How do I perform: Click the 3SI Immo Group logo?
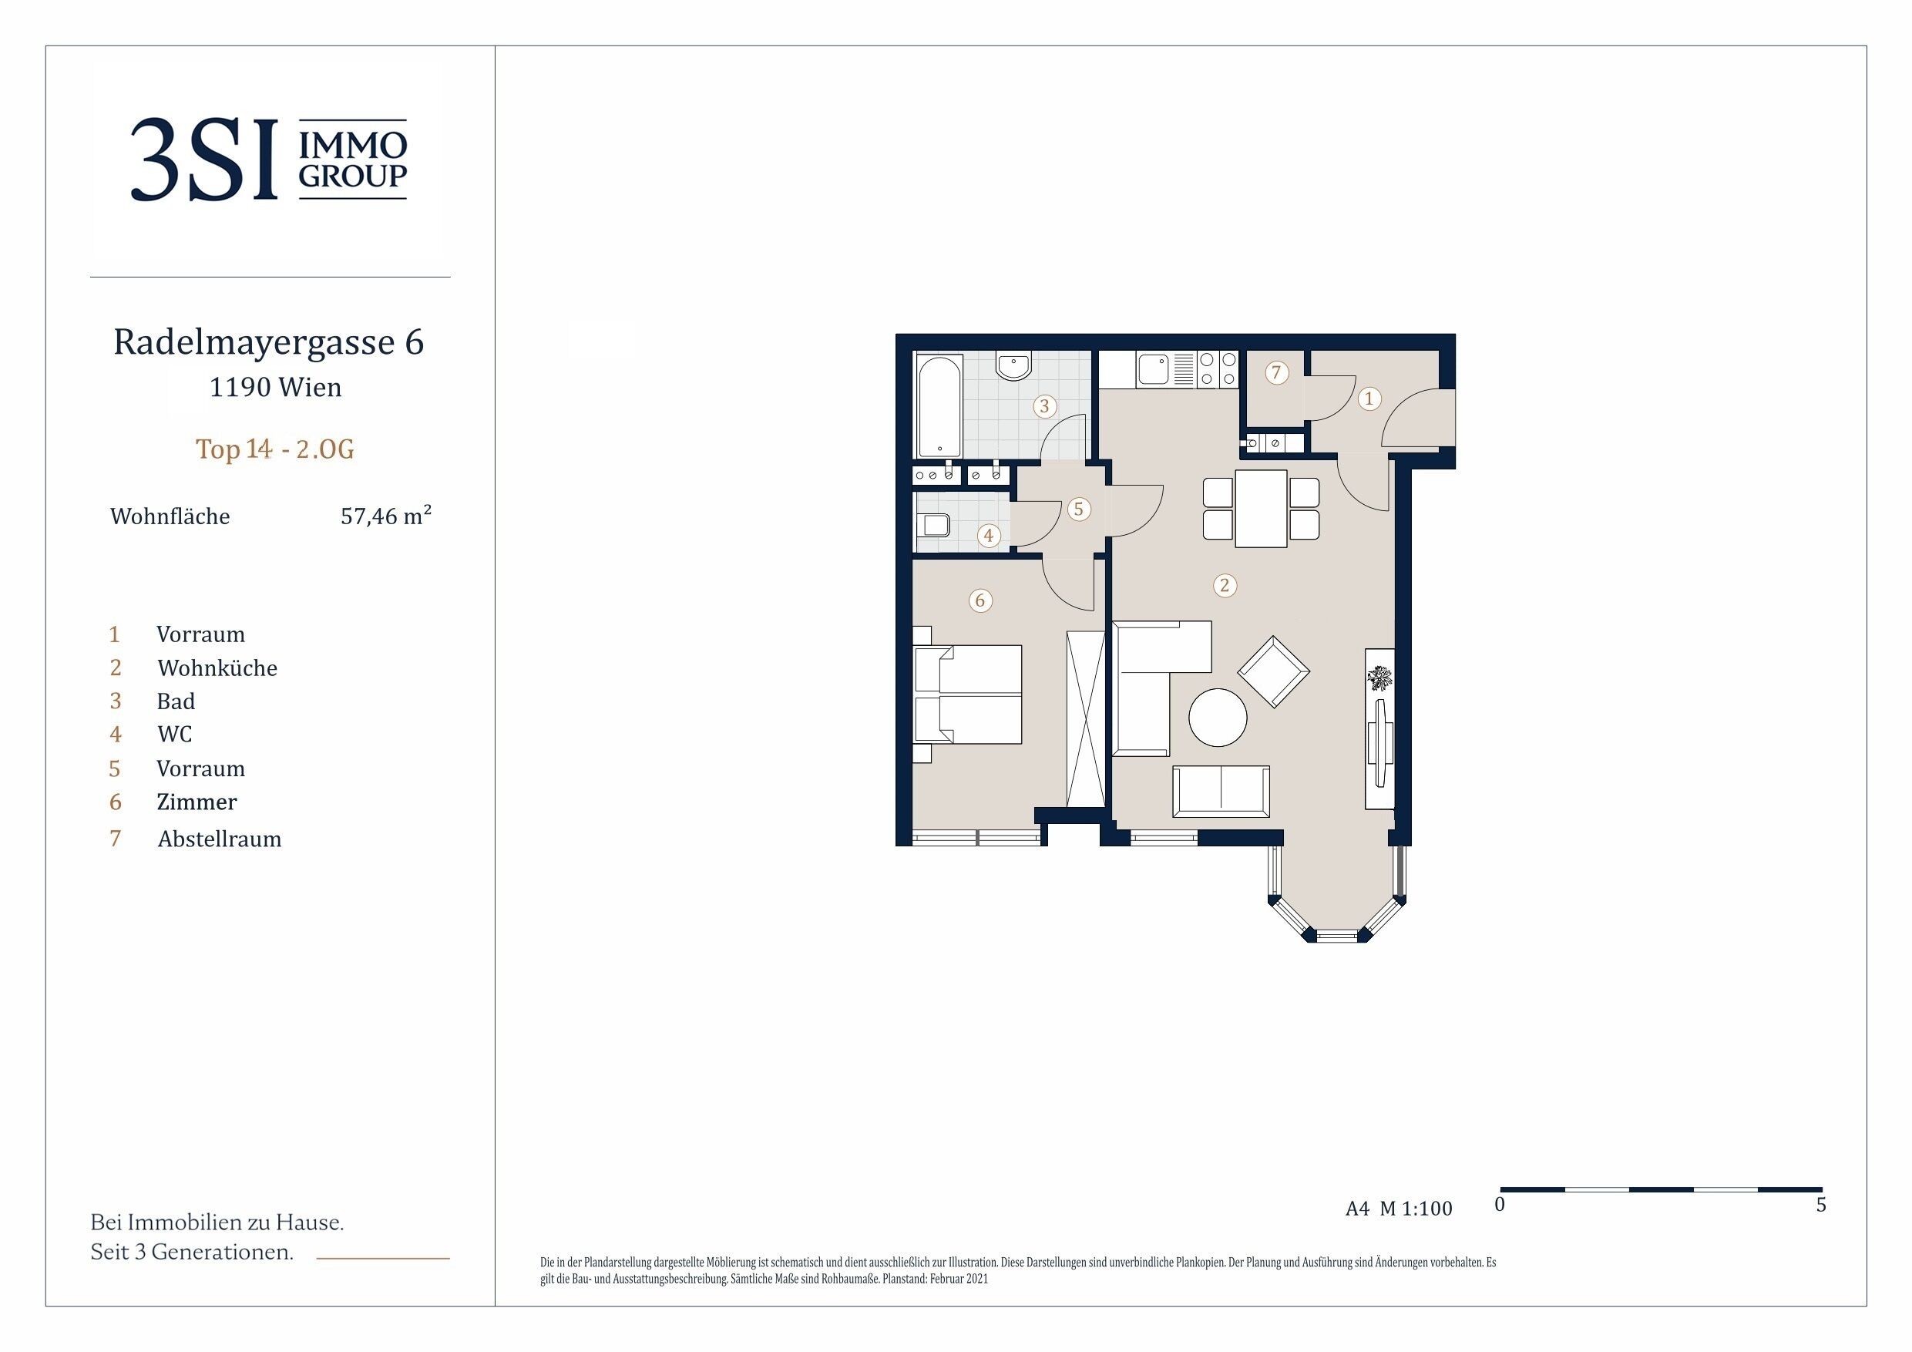269,159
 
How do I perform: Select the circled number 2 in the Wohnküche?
1223,586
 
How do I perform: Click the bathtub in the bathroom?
939,405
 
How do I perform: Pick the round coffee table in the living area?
1218,717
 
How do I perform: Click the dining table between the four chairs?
1261,508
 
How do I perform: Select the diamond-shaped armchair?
1273,671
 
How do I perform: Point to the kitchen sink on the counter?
1154,369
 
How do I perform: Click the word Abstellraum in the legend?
220,839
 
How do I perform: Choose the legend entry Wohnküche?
217,668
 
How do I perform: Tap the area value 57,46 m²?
385,516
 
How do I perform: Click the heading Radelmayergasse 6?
269,341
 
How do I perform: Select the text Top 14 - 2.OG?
275,449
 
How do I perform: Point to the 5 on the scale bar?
1820,1206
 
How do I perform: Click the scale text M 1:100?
1416,1209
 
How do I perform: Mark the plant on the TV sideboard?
1380,678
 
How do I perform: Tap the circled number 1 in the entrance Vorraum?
1368,399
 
